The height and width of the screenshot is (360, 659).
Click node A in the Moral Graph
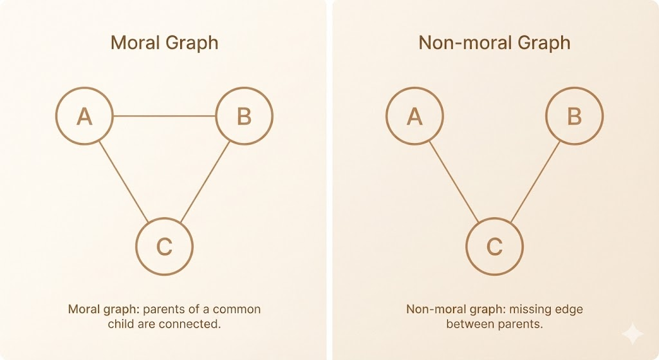pos(84,117)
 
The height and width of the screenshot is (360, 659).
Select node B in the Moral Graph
pos(244,117)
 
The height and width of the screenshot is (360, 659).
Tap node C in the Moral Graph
pos(164,246)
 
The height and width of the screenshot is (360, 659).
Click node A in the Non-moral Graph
pos(414,117)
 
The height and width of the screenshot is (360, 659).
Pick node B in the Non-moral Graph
pos(574,117)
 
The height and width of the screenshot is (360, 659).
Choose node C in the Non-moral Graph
pos(494,246)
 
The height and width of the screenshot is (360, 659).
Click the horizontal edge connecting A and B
pos(164,117)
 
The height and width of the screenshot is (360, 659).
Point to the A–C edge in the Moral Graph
pos(124,181)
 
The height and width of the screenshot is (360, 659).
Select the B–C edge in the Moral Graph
pos(205,181)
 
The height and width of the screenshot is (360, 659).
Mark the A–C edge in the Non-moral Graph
pos(454,181)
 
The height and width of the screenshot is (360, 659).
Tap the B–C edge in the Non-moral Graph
pos(535,181)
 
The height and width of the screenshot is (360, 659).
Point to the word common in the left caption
pos(237,309)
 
